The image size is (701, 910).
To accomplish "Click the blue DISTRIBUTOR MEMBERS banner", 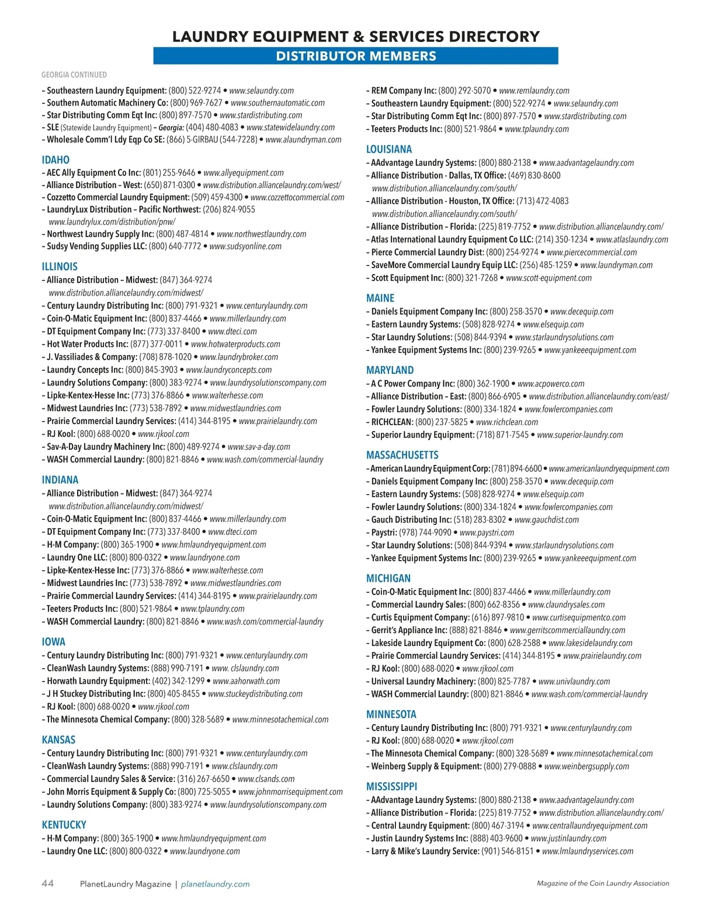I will point(356,56).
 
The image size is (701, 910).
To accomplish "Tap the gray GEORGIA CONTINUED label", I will point(74,75).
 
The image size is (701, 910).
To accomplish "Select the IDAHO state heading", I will point(55,159).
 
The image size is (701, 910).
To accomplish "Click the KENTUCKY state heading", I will point(64,825).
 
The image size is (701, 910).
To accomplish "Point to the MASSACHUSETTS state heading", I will point(402,454).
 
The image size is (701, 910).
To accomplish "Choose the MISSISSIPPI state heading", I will point(391,786).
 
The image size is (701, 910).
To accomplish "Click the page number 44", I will point(48,883).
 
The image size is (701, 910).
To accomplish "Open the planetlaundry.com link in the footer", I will point(215,884).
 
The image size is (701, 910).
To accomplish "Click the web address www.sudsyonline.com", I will point(245,246).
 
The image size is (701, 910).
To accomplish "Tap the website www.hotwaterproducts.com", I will point(235,344).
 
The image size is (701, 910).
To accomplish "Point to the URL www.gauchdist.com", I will point(546,519).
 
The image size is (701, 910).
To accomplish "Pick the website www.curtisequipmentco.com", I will point(578,617).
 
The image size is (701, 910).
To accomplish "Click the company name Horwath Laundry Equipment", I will point(98,681).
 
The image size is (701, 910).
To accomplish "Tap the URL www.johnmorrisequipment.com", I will point(290,791).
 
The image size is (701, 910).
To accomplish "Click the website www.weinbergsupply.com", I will point(587,766).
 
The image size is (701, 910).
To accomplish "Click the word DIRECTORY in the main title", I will point(494,36).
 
